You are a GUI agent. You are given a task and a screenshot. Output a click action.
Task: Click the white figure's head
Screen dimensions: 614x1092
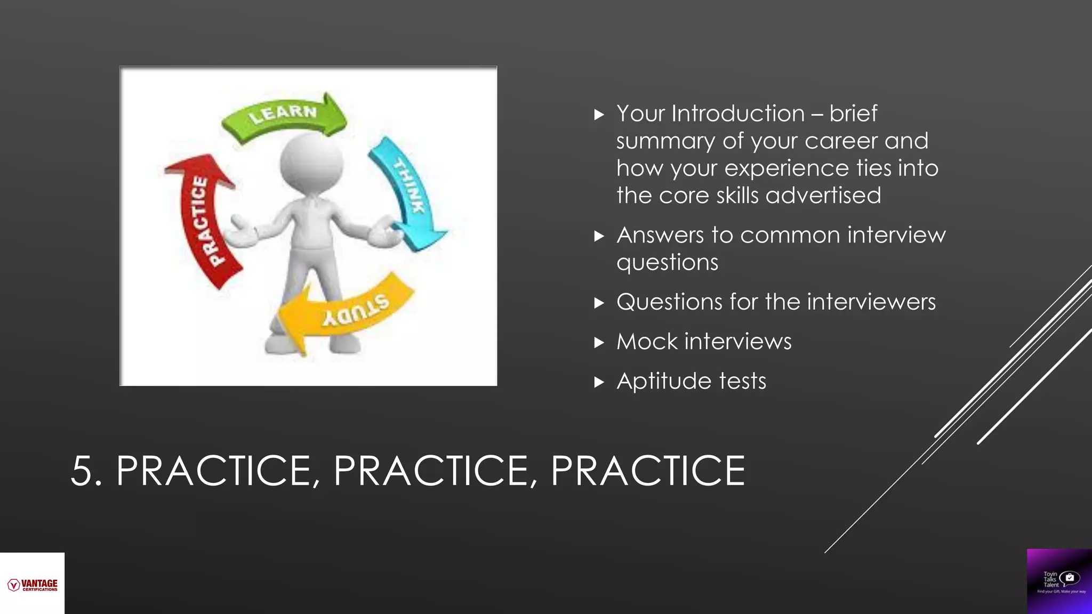click(x=311, y=163)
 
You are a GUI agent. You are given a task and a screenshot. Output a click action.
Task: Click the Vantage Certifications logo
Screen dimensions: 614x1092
click(x=32, y=585)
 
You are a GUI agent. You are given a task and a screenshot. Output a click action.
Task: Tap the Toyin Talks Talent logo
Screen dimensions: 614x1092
click(x=1059, y=581)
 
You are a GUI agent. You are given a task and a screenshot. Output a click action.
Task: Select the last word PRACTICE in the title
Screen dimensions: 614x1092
click(x=647, y=471)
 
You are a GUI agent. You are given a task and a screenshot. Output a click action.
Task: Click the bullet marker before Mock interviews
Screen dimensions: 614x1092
click(x=599, y=342)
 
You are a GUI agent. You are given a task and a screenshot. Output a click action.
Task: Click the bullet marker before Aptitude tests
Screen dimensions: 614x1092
click(x=599, y=382)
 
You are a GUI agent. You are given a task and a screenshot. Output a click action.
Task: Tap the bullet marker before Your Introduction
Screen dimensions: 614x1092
click(x=599, y=114)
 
